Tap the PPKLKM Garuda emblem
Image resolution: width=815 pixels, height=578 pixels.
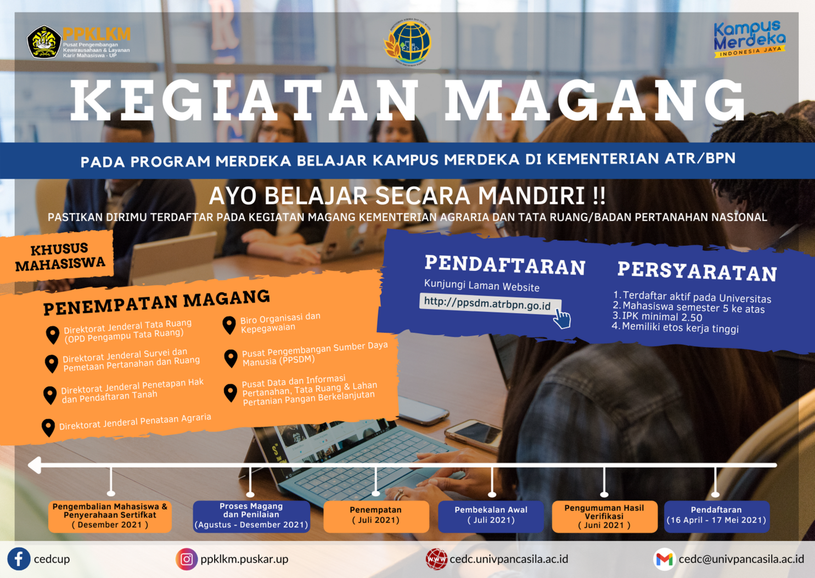(x=44, y=42)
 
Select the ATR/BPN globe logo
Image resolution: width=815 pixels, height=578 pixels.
(x=407, y=43)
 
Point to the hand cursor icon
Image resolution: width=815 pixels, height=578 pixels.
(x=562, y=319)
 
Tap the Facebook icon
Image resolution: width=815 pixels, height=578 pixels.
(x=19, y=559)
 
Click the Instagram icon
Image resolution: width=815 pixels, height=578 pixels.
(x=187, y=559)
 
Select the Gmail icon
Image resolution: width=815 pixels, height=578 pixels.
(x=665, y=559)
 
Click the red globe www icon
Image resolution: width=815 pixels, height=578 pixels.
(x=437, y=559)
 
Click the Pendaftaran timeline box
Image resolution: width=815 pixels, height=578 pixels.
(x=716, y=517)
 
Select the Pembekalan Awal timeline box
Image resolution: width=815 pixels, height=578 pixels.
(x=491, y=517)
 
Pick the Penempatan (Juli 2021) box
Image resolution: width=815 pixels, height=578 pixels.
(x=376, y=517)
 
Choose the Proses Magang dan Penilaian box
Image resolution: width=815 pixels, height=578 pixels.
(x=251, y=517)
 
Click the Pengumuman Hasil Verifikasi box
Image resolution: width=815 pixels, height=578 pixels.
(x=604, y=517)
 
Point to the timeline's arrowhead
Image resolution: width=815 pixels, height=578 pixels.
(x=35, y=465)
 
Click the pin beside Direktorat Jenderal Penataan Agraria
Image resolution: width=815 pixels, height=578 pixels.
(x=48, y=428)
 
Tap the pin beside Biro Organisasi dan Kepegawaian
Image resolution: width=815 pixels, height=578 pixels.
(x=229, y=325)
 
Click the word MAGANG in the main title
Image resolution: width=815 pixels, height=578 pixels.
(x=595, y=100)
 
